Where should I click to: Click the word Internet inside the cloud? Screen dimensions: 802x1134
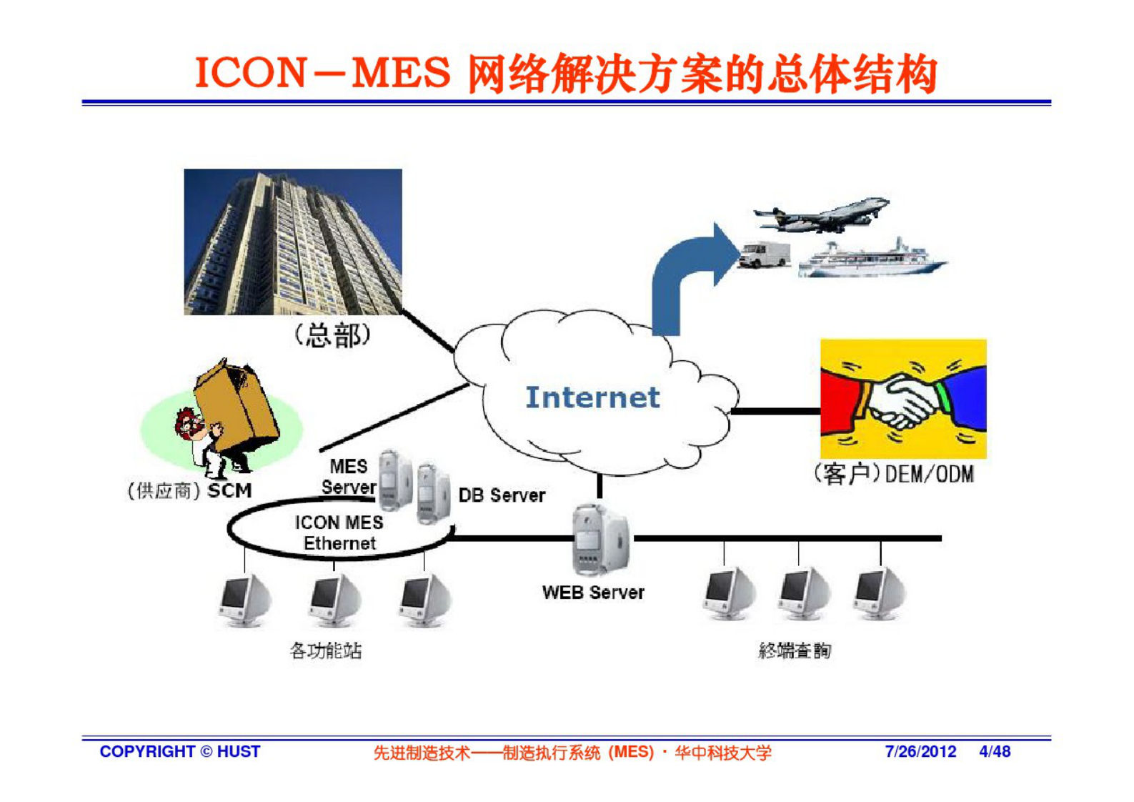coord(592,397)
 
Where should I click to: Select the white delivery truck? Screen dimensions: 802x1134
coord(764,254)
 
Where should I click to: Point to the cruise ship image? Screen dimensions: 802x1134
coord(872,259)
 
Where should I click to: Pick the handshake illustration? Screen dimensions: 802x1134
coord(902,398)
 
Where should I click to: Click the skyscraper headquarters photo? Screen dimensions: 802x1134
coord(293,242)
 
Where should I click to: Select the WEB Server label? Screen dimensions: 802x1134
coord(593,593)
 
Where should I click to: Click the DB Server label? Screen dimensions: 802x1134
coord(502,495)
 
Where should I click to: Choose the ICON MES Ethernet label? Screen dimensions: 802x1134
coord(339,533)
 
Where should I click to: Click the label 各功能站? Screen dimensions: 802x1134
coord(326,650)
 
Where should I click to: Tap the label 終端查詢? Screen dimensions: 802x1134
coord(795,650)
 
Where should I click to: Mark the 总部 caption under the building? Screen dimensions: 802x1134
coord(333,335)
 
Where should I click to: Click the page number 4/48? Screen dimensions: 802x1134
coord(995,752)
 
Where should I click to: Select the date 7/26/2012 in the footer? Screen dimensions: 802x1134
coord(920,752)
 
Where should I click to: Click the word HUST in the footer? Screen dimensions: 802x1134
coord(239,752)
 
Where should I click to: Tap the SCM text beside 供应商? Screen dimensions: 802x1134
coord(229,491)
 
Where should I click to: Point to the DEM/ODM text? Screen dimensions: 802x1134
coord(929,475)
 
